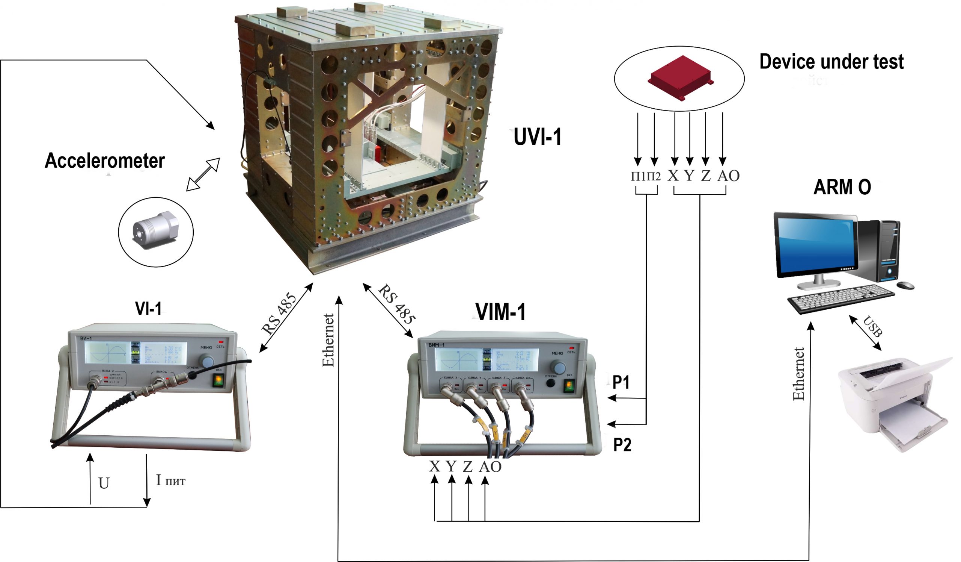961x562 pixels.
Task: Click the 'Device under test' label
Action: (x=831, y=62)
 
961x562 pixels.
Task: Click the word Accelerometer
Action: (x=105, y=161)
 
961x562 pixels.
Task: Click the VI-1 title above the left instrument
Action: (x=148, y=309)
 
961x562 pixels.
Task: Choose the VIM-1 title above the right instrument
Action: (x=501, y=312)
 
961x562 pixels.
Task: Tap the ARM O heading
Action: (x=842, y=188)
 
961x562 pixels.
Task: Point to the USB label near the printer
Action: (x=873, y=326)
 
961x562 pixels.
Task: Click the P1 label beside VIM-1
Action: (x=621, y=382)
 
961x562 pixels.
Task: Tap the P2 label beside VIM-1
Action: (x=622, y=445)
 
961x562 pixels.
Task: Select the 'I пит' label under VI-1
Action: (x=170, y=481)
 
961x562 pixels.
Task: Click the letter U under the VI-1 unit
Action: (x=104, y=483)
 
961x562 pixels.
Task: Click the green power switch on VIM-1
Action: (x=569, y=386)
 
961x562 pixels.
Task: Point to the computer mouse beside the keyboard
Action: (x=906, y=285)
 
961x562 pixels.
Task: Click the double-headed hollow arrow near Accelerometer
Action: (x=203, y=174)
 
